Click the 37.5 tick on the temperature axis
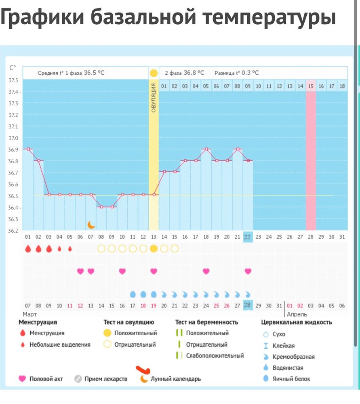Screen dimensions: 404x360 [x=14, y=80]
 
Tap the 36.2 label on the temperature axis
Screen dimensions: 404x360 [x=14, y=231]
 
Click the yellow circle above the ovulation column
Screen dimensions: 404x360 [x=154, y=73]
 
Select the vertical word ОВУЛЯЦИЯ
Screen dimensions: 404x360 [x=154, y=97]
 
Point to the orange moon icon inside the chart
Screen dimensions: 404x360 [x=92, y=225]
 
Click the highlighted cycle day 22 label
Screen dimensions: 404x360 [x=248, y=237]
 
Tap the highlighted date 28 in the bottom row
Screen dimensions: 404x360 [x=248, y=306]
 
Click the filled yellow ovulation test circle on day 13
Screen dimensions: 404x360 [x=154, y=248]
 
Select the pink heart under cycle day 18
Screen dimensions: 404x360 [x=206, y=271]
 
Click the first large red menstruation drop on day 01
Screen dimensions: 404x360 [x=28, y=248]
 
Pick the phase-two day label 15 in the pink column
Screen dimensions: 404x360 [x=311, y=86]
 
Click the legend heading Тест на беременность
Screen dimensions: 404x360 [x=206, y=322]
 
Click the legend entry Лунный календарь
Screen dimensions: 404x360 [x=175, y=379]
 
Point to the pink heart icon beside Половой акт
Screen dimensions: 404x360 [x=22, y=379]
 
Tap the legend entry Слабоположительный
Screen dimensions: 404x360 [x=215, y=356]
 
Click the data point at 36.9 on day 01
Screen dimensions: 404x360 [x=28, y=149]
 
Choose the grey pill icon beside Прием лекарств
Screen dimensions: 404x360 [x=78, y=379]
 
